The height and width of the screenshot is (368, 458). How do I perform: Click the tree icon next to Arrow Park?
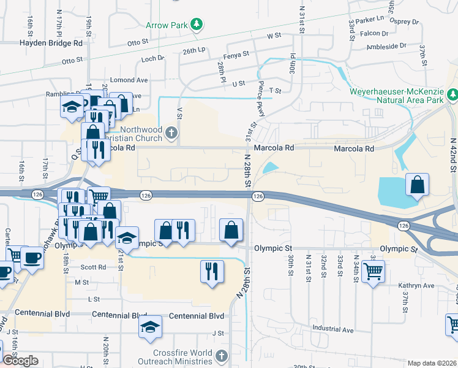[x=196, y=25]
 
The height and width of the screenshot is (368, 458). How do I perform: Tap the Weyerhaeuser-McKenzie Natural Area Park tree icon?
[x=452, y=94]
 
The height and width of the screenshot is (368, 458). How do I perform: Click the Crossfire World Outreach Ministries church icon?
[x=222, y=355]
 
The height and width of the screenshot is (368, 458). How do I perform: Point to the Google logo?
[x=20, y=361]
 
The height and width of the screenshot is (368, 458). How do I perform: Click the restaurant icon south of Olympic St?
[x=211, y=270]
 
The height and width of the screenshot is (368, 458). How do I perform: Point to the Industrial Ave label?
[x=332, y=329]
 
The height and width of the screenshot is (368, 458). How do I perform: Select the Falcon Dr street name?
[x=375, y=34]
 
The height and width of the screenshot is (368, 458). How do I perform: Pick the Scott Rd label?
[x=93, y=267]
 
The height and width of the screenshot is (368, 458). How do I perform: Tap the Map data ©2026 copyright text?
[x=432, y=363]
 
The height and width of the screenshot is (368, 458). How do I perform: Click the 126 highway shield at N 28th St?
[x=258, y=196]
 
